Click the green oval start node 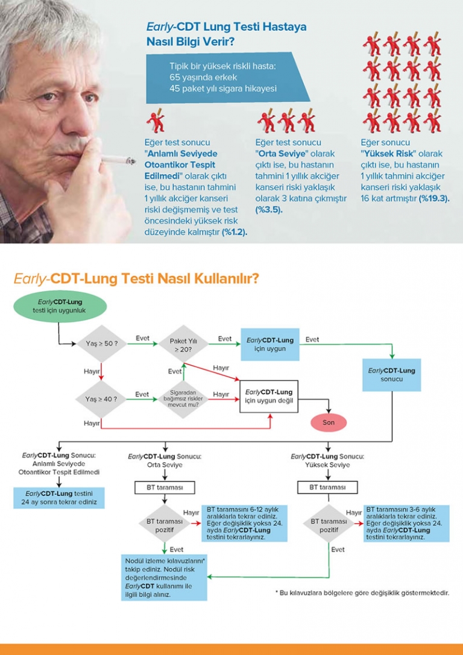pyautogui.click(x=60, y=306)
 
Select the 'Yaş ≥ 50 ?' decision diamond pyautogui.click(x=101, y=343)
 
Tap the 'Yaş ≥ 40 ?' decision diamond pyautogui.click(x=101, y=399)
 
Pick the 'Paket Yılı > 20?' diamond pyautogui.click(x=183, y=344)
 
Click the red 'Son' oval pyautogui.click(x=328, y=422)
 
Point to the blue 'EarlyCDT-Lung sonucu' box pyautogui.click(x=391, y=375)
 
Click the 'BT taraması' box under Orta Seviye pyautogui.click(x=165, y=486)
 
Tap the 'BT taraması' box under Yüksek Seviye pyautogui.click(x=328, y=486)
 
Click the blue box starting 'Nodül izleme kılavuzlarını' pyautogui.click(x=164, y=577)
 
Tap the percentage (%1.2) pyautogui.click(x=235, y=231)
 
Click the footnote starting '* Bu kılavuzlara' pyautogui.click(x=362, y=593)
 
